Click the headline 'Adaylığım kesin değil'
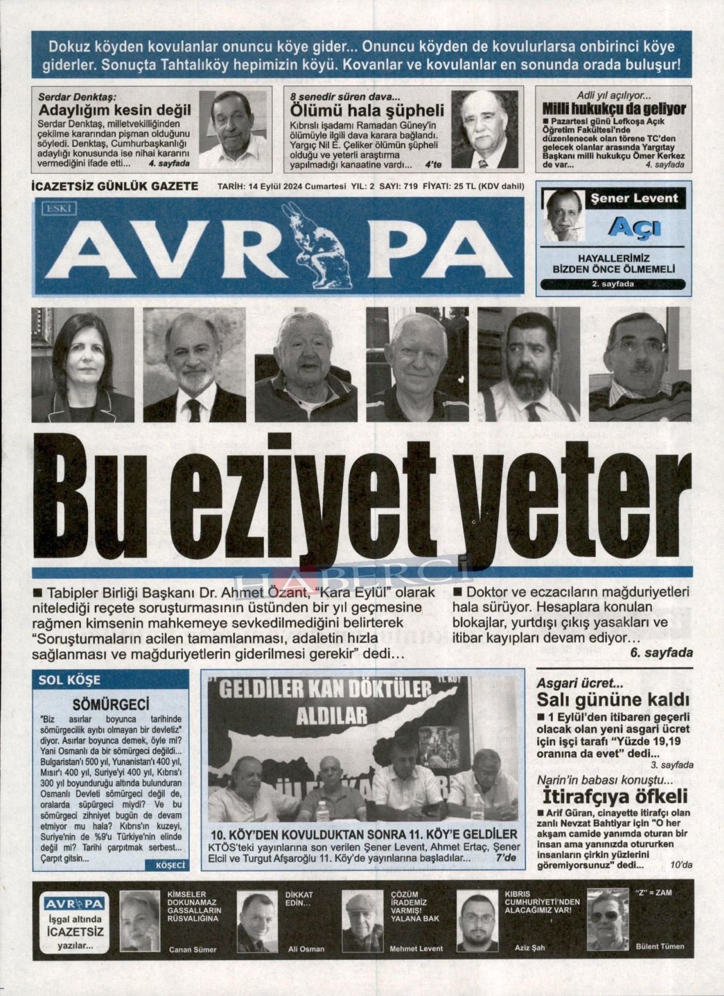[115, 110]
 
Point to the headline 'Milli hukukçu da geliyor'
[613, 109]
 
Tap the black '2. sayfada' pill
[613, 284]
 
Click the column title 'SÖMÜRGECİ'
[111, 704]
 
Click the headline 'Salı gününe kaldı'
[613, 700]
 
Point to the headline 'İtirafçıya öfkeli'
[614, 797]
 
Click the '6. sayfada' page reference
[661, 653]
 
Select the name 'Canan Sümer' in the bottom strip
[192, 950]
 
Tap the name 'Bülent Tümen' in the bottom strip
[660, 946]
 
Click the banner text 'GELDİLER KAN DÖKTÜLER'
[325, 690]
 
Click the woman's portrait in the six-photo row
[83, 364]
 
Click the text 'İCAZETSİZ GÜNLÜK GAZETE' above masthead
[114, 186]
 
